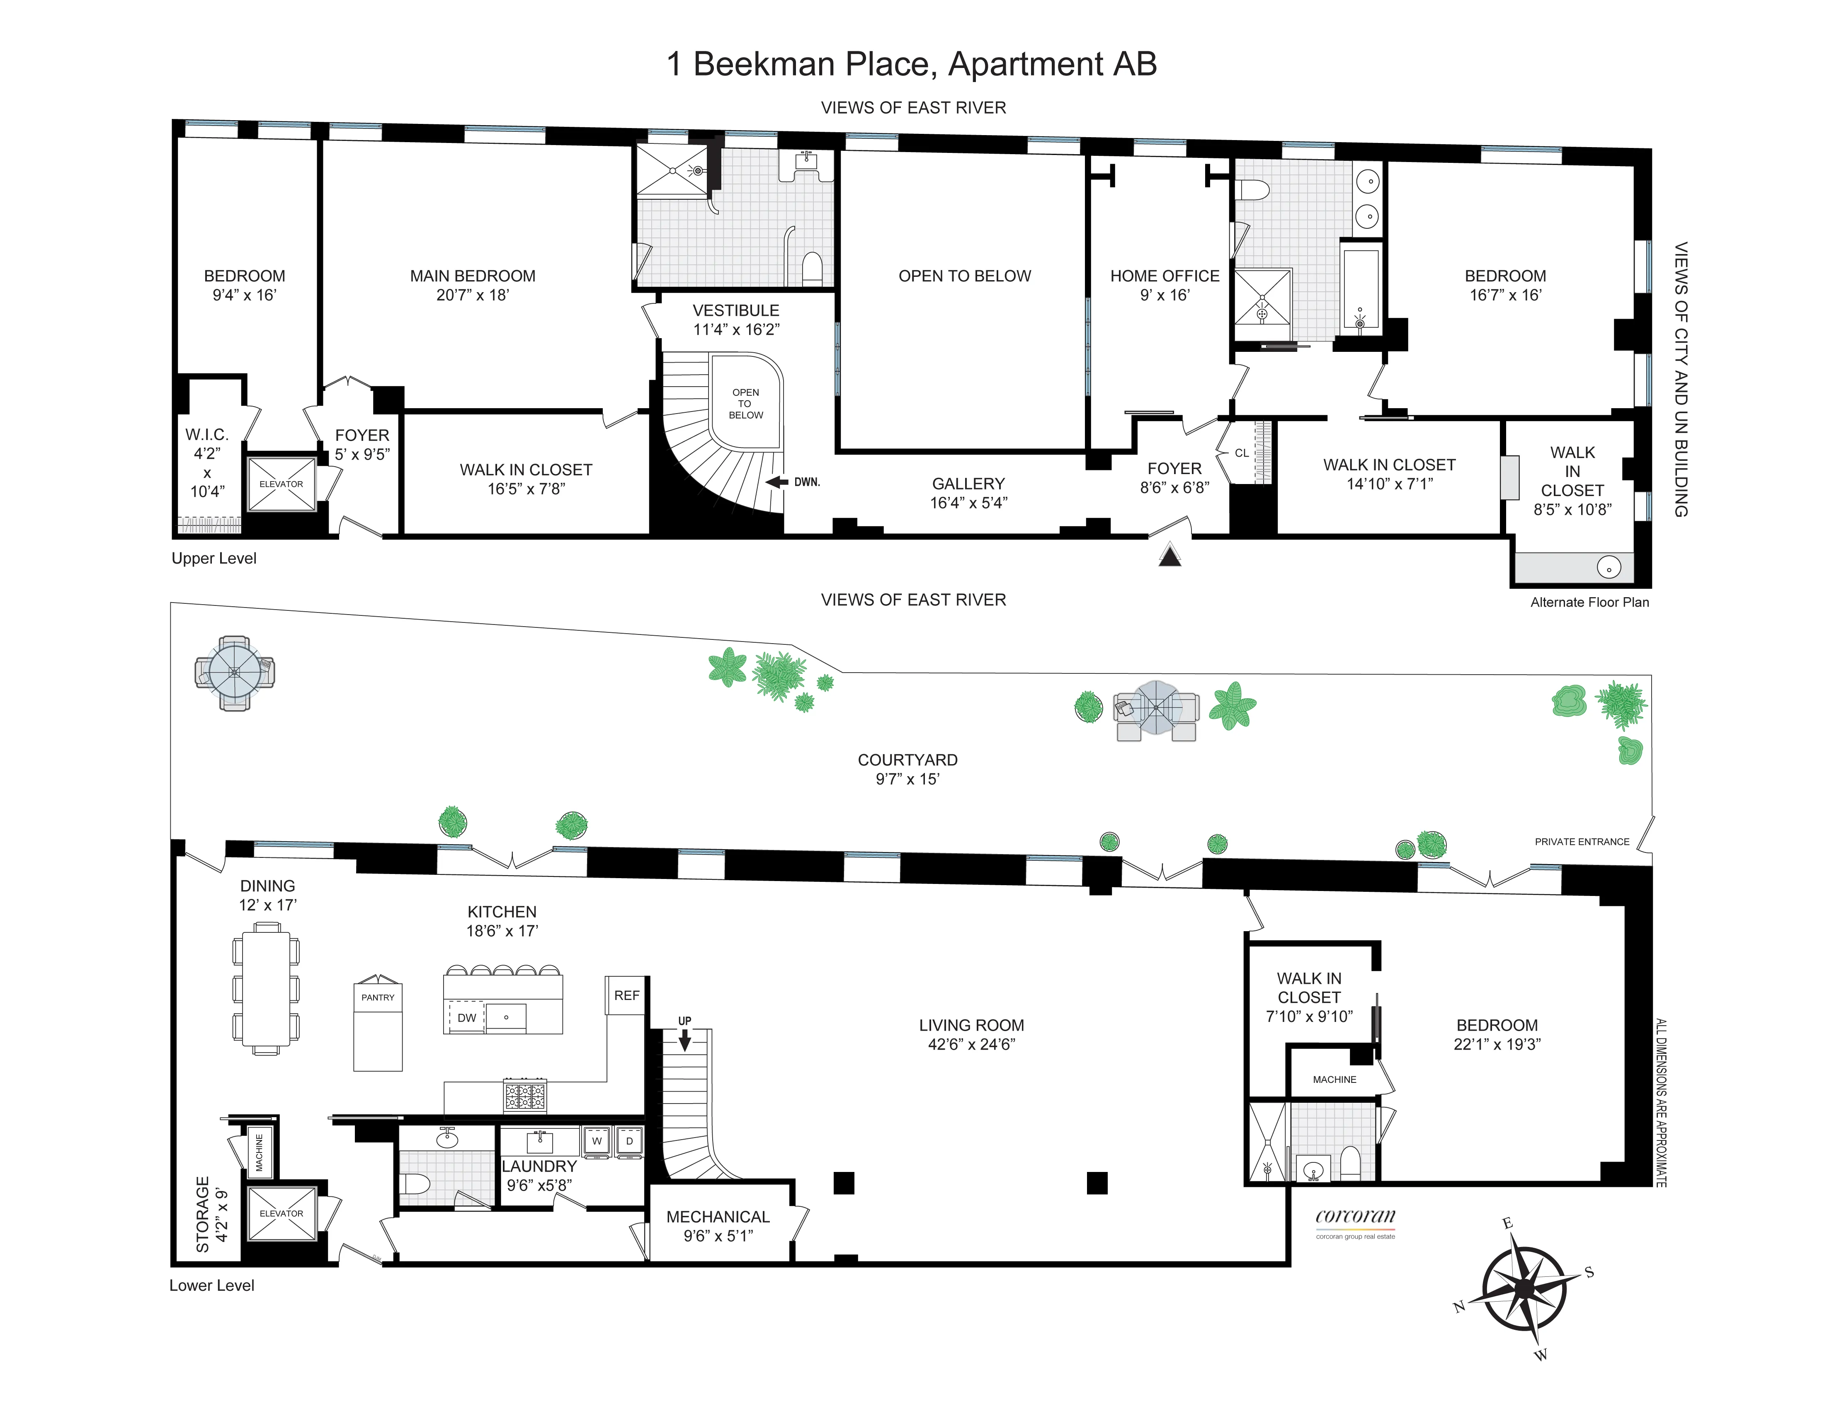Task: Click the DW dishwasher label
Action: pos(467,1018)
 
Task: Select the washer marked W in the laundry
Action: pos(597,1141)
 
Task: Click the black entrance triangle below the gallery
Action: pos(1169,555)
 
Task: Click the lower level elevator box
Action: pos(281,1213)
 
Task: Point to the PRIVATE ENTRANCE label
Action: pos(1581,842)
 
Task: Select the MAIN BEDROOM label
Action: pos(473,276)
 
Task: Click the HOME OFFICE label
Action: pos(1165,276)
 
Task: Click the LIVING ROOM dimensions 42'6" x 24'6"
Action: pos(971,1044)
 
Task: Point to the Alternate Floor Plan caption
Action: pos(1589,602)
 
